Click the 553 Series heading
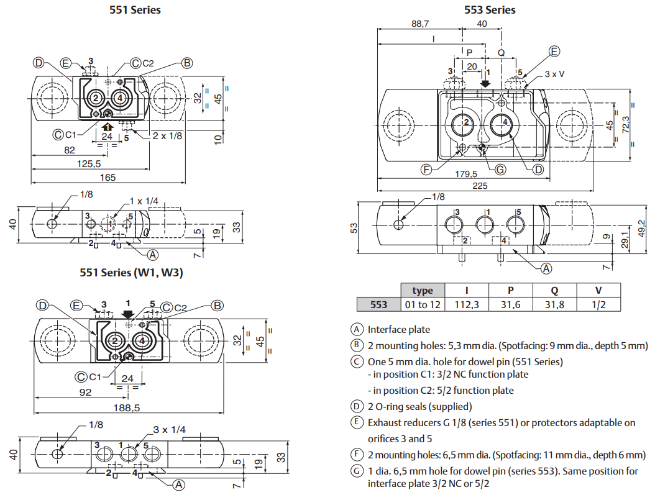click(490, 9)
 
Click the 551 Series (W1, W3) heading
click(131, 272)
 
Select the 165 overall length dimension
click(108, 178)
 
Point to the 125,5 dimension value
click(89, 164)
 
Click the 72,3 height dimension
click(626, 127)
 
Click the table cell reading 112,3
click(466, 304)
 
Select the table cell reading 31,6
click(511, 304)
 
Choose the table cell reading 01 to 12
click(423, 304)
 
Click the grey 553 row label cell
click(379, 304)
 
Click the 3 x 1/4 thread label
click(169, 429)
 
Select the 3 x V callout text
click(555, 73)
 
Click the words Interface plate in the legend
click(398, 329)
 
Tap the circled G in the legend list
click(357, 471)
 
